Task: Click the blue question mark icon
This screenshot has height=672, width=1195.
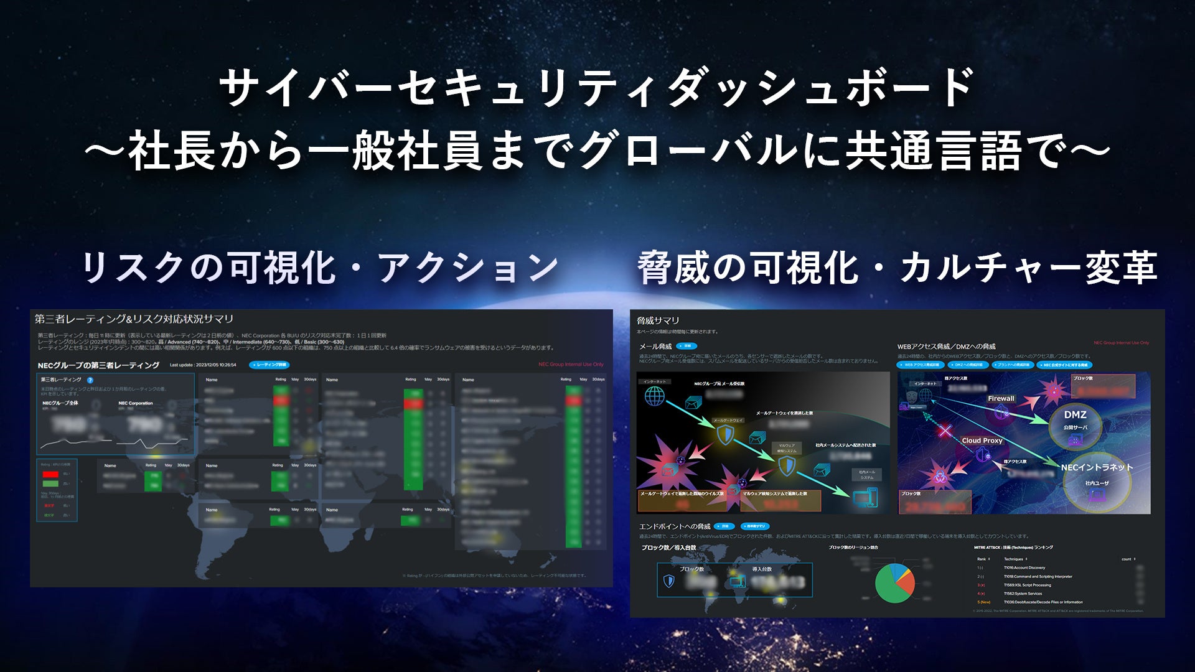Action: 90,380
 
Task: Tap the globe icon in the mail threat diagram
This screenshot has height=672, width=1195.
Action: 654,396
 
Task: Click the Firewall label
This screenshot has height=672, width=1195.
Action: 1001,399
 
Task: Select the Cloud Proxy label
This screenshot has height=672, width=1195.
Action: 982,441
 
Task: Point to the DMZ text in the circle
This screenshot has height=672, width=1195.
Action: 1075,415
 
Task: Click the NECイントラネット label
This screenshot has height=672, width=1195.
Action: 1097,467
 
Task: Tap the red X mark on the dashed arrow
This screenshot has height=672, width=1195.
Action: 945,430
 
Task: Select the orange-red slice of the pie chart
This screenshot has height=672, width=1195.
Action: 907,582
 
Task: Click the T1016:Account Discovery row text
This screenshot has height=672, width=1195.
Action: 1024,567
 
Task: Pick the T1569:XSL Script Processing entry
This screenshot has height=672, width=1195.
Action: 1027,585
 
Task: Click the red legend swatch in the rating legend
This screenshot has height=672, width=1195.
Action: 50,474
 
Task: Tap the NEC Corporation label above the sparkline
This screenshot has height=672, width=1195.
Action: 136,403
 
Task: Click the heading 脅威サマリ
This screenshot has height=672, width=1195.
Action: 658,321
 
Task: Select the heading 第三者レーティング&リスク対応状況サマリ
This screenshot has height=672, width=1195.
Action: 134,319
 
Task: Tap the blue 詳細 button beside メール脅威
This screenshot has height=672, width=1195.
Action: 687,346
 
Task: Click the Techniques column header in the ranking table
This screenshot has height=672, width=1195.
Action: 1014,559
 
